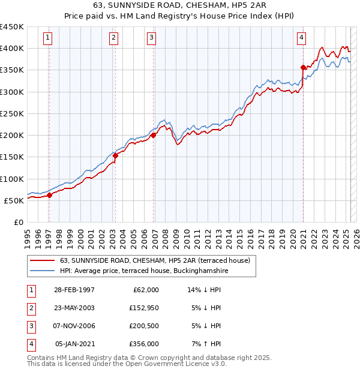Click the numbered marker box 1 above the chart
tap(49, 38)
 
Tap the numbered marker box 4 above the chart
tap(301, 38)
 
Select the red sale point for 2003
tap(115, 155)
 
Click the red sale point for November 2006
tap(153, 135)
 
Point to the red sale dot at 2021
tap(304, 67)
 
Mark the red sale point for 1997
tap(50, 195)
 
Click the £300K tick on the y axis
tap(11, 92)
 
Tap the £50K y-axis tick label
tap(13, 200)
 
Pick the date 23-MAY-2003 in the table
tap(74, 308)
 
